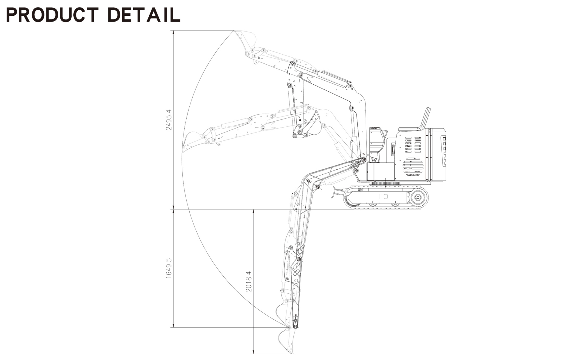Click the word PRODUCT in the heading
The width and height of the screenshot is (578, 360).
coord(52,15)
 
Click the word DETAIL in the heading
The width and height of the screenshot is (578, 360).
coord(144,15)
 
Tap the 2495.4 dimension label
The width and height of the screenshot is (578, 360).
coord(168,120)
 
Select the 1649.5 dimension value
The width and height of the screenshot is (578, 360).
coord(168,268)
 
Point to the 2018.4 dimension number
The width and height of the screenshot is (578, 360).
coord(249,281)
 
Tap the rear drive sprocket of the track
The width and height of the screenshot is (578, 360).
coord(418,198)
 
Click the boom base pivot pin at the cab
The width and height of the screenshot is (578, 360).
coord(363,160)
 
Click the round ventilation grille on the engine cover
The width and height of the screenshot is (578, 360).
coord(413,167)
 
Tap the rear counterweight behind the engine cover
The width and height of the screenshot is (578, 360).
coord(438,155)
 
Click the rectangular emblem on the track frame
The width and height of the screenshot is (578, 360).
coord(384,196)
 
